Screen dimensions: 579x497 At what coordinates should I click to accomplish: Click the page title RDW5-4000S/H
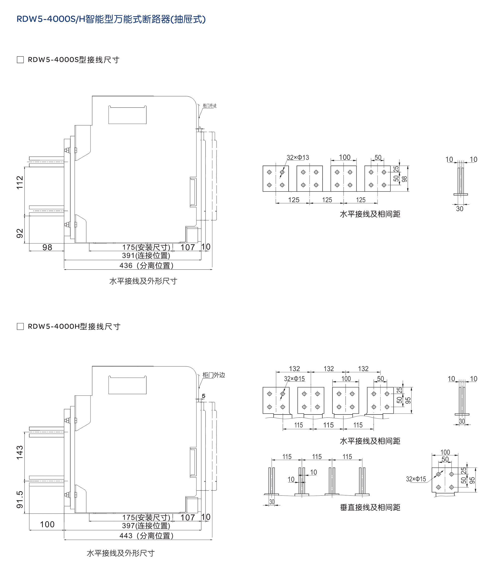pyautogui.click(x=111, y=19)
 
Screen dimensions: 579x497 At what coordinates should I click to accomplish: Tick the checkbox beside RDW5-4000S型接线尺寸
pyautogui.click(x=20, y=60)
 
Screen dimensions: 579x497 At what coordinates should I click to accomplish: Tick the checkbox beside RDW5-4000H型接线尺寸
pyautogui.click(x=20, y=326)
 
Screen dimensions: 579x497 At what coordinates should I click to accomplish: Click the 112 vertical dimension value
pyautogui.click(x=20, y=183)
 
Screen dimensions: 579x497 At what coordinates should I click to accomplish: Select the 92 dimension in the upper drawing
pyautogui.click(x=20, y=233)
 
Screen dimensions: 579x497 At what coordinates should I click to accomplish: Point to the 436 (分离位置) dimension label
pyautogui.click(x=146, y=266)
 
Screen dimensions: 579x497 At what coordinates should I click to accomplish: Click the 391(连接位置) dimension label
pyautogui.click(x=146, y=255)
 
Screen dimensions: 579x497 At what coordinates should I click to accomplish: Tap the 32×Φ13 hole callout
pyautogui.click(x=298, y=157)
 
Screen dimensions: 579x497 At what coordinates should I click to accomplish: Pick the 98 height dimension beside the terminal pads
pyautogui.click(x=405, y=179)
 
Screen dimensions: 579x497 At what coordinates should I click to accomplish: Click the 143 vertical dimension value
pyautogui.click(x=20, y=452)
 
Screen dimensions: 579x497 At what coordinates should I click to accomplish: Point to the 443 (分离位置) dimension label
pyautogui.click(x=146, y=536)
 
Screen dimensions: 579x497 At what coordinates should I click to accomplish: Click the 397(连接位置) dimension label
pyautogui.click(x=146, y=526)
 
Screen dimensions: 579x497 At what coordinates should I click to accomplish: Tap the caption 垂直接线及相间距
pyautogui.click(x=370, y=507)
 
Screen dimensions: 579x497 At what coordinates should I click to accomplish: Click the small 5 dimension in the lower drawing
pyautogui.click(x=204, y=396)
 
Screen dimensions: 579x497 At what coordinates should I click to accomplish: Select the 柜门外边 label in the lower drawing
pyautogui.click(x=213, y=375)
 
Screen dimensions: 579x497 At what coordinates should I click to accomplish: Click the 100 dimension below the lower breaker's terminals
pyautogui.click(x=47, y=524)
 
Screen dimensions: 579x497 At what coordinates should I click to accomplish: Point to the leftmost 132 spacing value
pyautogui.click(x=294, y=369)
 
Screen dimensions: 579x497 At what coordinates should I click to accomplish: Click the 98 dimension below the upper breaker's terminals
pyautogui.click(x=47, y=247)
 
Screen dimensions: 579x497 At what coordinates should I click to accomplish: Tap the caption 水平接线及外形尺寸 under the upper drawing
pyautogui.click(x=143, y=281)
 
